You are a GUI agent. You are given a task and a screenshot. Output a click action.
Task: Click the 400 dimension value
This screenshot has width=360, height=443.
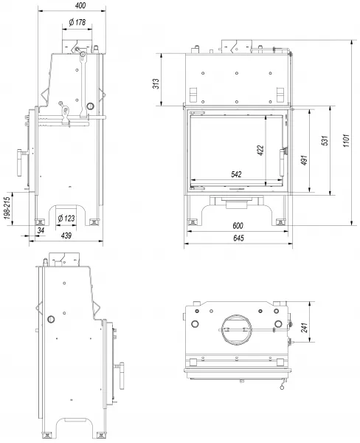[80, 5]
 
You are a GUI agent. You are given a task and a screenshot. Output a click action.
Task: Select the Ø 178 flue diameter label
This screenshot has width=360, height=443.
[77, 22]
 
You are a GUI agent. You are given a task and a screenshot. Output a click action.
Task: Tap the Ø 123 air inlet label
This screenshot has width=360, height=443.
[66, 218]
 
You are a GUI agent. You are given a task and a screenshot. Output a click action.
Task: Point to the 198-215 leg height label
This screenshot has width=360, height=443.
[7, 207]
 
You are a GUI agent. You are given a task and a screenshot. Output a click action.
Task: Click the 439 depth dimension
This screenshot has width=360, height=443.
[66, 236]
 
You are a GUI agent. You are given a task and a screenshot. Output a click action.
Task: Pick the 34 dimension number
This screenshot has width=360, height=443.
[41, 230]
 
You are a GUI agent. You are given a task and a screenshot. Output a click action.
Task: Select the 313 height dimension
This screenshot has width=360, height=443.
[156, 83]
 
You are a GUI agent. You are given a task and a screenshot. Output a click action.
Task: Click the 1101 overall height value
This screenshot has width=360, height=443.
[347, 140]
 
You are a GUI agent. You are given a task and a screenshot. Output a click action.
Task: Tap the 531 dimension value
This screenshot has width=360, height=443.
[325, 140]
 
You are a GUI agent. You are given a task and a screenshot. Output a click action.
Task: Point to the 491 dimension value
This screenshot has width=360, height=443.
[304, 160]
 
